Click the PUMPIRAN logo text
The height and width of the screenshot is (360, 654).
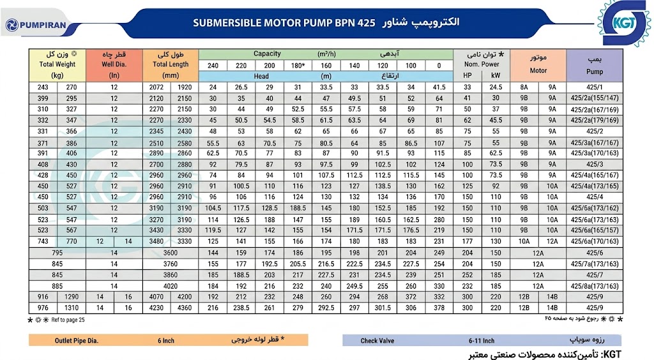click(43, 25)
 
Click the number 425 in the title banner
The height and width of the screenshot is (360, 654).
click(366, 22)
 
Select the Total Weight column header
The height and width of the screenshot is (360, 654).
click(57, 64)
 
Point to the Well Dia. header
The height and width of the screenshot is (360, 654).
click(114, 64)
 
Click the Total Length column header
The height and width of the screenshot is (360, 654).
click(170, 64)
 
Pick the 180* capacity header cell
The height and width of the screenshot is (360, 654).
click(298, 65)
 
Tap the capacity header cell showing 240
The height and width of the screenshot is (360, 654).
click(213, 65)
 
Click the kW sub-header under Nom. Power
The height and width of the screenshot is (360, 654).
click(496, 75)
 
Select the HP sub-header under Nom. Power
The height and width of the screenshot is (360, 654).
click(468, 75)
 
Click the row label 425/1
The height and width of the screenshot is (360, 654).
click(595, 87)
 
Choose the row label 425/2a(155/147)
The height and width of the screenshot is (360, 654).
click(595, 98)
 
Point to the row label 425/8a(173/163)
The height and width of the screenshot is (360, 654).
click(595, 286)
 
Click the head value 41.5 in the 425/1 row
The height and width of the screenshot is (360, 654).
click(439, 87)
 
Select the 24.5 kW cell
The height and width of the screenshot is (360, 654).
click(496, 87)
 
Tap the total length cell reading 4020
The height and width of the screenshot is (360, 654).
click(170, 286)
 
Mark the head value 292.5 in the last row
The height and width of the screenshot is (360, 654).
click(326, 308)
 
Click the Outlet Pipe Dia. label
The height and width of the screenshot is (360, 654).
click(77, 340)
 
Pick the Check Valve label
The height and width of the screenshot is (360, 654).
click(377, 340)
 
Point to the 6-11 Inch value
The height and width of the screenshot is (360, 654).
click(482, 340)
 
